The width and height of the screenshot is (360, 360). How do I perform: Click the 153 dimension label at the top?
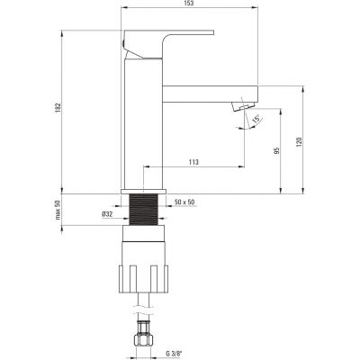[x=190, y=4]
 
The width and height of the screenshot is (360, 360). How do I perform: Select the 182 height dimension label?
[x=58, y=108]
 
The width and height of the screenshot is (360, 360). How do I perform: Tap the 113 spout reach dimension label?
[x=193, y=162]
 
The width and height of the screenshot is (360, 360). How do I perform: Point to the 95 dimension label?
[x=277, y=150]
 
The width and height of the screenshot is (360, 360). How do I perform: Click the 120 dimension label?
[x=299, y=142]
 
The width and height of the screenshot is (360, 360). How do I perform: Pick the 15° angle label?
[x=256, y=119]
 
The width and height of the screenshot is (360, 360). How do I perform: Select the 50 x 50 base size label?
[x=184, y=202]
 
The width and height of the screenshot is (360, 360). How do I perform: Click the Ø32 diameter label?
[x=107, y=214]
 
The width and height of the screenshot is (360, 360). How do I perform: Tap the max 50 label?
[x=58, y=210]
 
